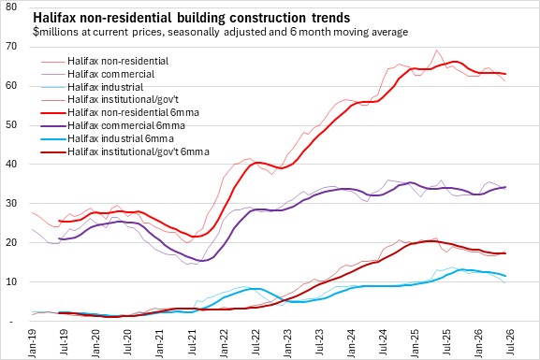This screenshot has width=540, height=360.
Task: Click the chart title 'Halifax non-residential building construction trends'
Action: click(192, 18)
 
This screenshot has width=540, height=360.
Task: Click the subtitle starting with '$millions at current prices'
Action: click(221, 32)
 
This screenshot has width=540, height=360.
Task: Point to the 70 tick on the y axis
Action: click(11, 46)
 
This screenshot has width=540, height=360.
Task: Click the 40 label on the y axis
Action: click(11, 164)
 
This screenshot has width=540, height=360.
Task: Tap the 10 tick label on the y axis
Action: click(11, 281)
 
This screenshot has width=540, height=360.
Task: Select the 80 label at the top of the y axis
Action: click(11, 7)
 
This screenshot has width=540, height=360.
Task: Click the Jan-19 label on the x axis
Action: click(33, 343)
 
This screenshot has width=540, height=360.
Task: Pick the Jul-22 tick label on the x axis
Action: click(255, 342)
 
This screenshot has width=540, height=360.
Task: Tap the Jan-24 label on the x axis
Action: click(352, 343)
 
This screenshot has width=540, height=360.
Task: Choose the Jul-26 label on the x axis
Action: click(511, 342)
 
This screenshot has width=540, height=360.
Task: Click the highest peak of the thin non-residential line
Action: click(437, 50)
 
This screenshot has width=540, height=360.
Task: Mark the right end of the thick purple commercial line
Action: click(504, 187)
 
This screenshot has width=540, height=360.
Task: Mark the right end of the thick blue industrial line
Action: click(504, 276)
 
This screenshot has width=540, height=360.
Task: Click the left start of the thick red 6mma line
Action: click(59, 221)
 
